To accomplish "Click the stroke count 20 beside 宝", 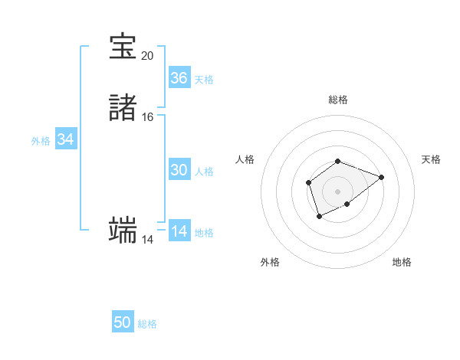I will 147,56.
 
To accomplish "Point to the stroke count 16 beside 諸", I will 147,117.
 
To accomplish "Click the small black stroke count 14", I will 147,240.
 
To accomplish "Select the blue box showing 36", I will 179,78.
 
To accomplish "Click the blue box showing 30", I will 179,170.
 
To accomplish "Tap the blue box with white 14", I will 179,231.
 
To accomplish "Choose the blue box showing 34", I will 66,139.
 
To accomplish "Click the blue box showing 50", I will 123,322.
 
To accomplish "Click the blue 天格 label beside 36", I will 204,79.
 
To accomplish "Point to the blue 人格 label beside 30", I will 204,171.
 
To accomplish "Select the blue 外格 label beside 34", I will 41,140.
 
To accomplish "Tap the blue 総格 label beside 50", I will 147,324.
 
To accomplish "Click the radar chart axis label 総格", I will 337,100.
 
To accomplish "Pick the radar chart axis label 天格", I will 432,159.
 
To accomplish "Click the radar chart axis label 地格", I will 402,262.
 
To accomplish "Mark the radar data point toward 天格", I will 381,177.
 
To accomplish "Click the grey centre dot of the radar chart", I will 337,191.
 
